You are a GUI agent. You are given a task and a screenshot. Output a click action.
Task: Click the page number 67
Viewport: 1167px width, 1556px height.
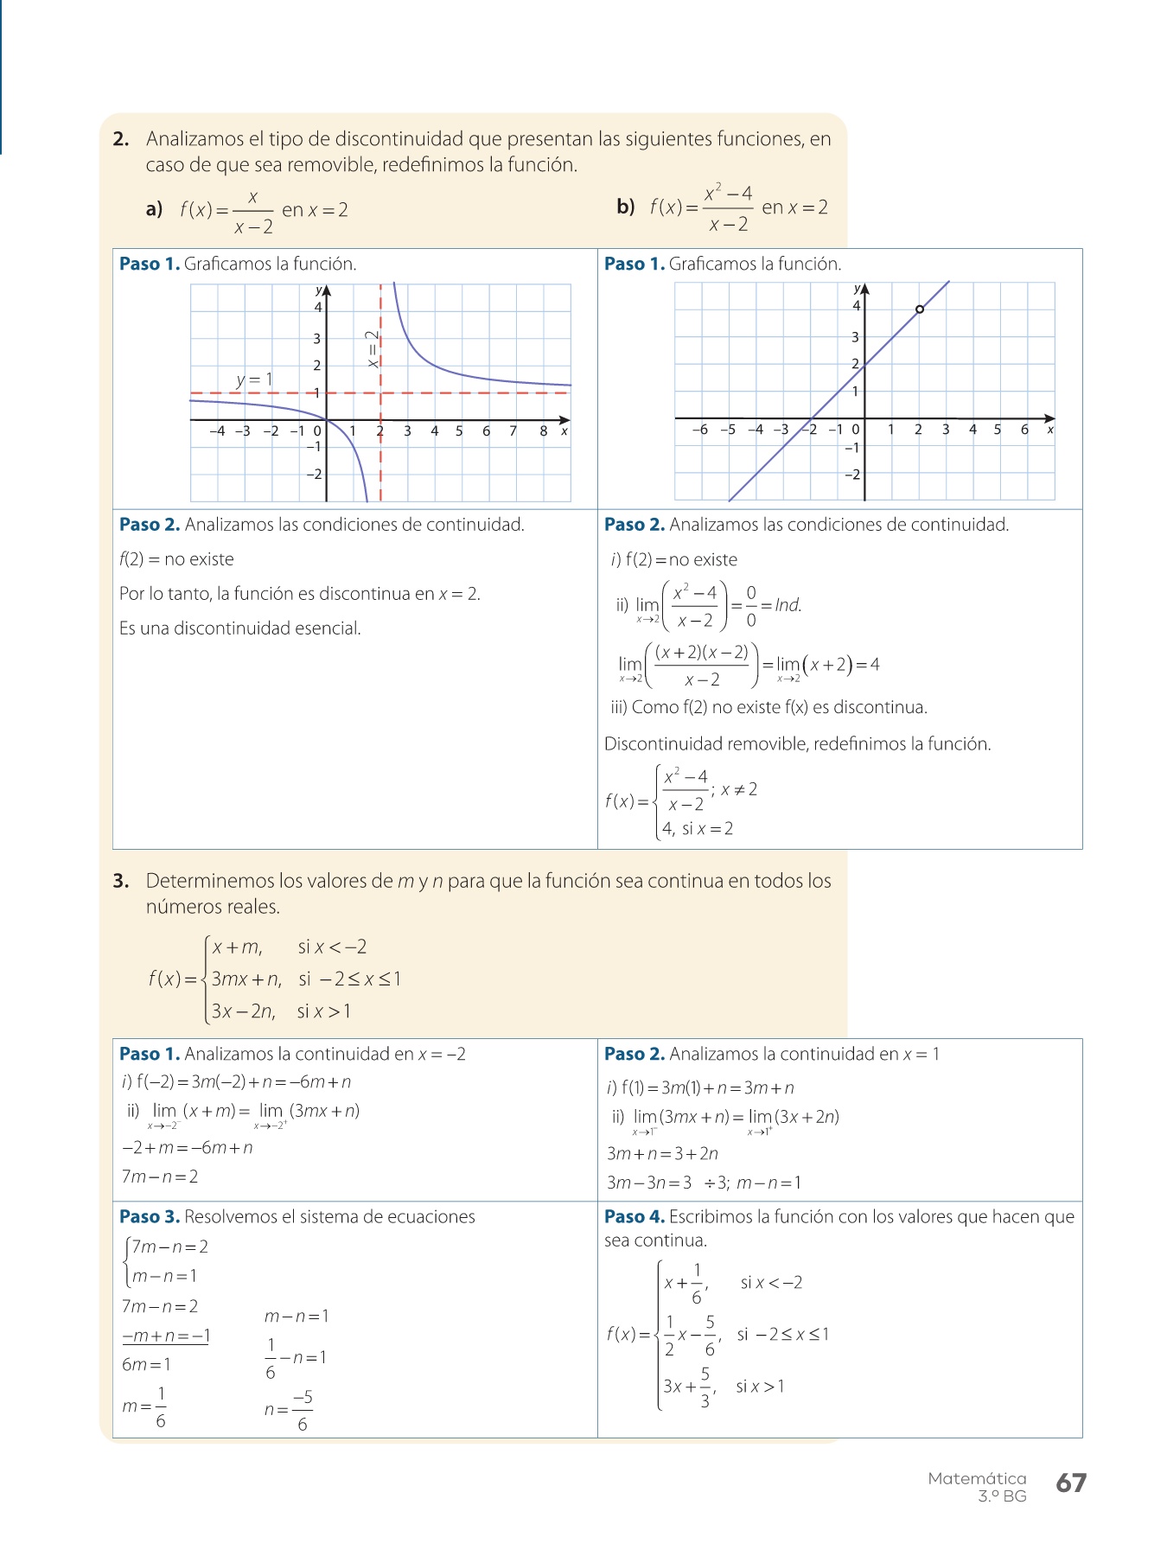[x=1070, y=1483]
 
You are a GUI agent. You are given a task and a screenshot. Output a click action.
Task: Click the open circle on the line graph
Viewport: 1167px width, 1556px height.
[x=919, y=309]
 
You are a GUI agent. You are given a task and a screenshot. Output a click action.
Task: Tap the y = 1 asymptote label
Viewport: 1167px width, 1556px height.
[x=254, y=379]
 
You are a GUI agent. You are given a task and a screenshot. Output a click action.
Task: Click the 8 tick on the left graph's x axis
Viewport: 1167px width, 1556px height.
[x=543, y=430]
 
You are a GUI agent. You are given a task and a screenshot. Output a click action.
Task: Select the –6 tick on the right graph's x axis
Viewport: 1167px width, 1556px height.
[x=699, y=430]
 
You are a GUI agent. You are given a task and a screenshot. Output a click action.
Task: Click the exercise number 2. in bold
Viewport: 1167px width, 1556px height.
[x=121, y=139]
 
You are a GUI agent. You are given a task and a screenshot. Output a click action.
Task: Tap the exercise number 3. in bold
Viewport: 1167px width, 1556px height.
[x=121, y=881]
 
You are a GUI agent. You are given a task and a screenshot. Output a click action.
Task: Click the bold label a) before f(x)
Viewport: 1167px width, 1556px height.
[x=155, y=209]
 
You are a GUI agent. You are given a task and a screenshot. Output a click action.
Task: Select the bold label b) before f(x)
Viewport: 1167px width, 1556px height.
[x=625, y=207]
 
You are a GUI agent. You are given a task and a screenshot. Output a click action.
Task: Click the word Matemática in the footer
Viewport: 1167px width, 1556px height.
[x=977, y=1478]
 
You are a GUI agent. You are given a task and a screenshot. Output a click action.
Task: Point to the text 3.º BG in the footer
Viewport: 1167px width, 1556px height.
[x=1002, y=1496]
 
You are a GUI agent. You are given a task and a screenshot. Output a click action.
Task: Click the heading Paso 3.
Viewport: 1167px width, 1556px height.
[x=150, y=1217]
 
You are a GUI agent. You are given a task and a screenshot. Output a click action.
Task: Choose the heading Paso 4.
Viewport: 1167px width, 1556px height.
[x=635, y=1217]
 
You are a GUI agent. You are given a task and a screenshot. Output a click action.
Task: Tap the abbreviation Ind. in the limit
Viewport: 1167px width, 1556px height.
[x=788, y=605]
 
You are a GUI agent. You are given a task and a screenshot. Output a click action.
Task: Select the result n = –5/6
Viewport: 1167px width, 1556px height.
[x=290, y=1410]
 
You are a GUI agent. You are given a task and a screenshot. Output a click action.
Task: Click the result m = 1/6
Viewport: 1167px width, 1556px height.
[x=144, y=1406]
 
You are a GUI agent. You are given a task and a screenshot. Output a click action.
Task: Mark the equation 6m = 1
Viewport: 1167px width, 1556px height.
[x=147, y=1365]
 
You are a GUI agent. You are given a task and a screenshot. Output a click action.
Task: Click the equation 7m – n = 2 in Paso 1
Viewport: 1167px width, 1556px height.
[x=160, y=1177]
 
